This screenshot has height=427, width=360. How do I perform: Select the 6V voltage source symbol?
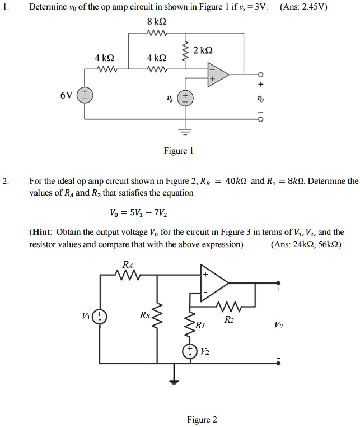85,95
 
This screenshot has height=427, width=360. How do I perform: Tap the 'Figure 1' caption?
178,151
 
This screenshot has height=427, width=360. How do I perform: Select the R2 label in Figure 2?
228,320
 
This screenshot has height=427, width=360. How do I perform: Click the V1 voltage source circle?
100,316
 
